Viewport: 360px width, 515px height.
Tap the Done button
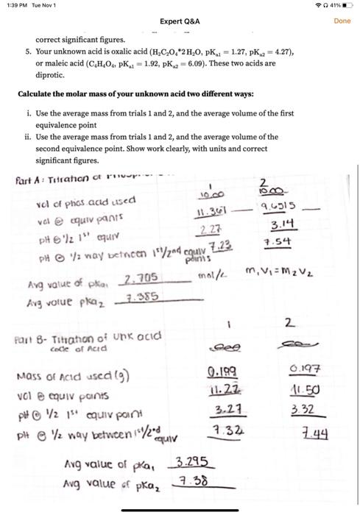pyautogui.click(x=342, y=21)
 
